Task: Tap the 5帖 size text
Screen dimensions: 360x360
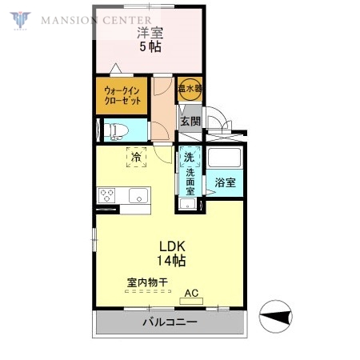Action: (x=150, y=47)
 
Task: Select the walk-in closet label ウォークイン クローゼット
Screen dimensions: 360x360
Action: (x=123, y=97)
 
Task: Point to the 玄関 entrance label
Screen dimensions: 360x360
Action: (x=190, y=122)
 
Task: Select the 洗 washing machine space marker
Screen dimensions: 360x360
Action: (x=190, y=156)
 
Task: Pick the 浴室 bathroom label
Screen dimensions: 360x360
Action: (x=225, y=182)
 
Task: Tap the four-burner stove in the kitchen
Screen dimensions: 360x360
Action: (x=108, y=195)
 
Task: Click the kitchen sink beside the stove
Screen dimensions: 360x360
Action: (x=136, y=195)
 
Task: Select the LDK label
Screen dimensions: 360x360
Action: (x=171, y=246)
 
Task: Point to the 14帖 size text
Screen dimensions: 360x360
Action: (x=171, y=261)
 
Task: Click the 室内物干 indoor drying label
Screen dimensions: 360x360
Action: (x=146, y=282)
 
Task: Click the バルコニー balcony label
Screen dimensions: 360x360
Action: (x=170, y=322)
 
